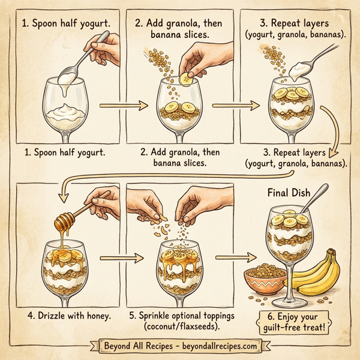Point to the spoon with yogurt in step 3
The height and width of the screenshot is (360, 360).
(301, 70)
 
